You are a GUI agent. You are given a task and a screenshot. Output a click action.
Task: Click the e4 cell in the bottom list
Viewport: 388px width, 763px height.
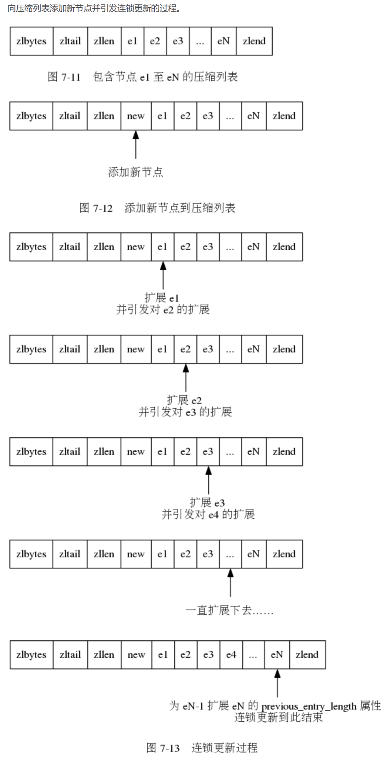[x=231, y=655]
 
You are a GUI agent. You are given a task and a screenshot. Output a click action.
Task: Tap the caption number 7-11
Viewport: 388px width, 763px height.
[x=71, y=77]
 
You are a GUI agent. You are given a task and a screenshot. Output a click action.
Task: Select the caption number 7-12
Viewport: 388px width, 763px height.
[x=103, y=208]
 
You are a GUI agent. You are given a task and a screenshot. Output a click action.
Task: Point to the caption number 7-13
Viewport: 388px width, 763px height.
[x=170, y=748]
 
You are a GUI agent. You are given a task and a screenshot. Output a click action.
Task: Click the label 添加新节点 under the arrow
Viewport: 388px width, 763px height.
[x=136, y=172]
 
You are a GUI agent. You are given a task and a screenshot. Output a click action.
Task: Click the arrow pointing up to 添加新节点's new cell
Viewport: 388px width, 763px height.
[x=136, y=145]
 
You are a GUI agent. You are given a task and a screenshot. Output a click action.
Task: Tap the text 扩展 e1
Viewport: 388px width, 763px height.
[x=162, y=298]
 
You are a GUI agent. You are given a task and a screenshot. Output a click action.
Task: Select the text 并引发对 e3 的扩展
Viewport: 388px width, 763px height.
[x=185, y=412]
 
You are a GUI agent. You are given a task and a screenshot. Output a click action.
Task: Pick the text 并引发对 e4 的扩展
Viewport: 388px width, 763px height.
[x=208, y=514]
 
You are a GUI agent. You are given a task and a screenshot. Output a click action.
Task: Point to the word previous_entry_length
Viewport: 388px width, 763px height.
[x=309, y=707]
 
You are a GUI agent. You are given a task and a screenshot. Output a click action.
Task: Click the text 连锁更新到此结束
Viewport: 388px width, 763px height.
[x=279, y=718]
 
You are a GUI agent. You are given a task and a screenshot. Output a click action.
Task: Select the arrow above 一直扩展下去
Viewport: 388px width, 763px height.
[x=230, y=583]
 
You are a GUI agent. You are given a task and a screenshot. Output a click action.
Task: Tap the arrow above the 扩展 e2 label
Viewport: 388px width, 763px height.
[x=186, y=378]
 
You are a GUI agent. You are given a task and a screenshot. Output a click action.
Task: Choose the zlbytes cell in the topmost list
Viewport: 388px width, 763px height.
[x=32, y=41]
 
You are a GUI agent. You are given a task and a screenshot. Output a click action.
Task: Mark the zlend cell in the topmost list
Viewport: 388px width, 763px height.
[x=254, y=41]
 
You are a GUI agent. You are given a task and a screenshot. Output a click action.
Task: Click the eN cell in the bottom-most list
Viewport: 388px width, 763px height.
[x=277, y=655]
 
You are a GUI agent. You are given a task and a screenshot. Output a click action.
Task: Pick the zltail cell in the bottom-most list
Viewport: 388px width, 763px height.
[x=70, y=655]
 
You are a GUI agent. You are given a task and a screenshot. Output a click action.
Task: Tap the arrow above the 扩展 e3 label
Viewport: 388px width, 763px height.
[x=208, y=480]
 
